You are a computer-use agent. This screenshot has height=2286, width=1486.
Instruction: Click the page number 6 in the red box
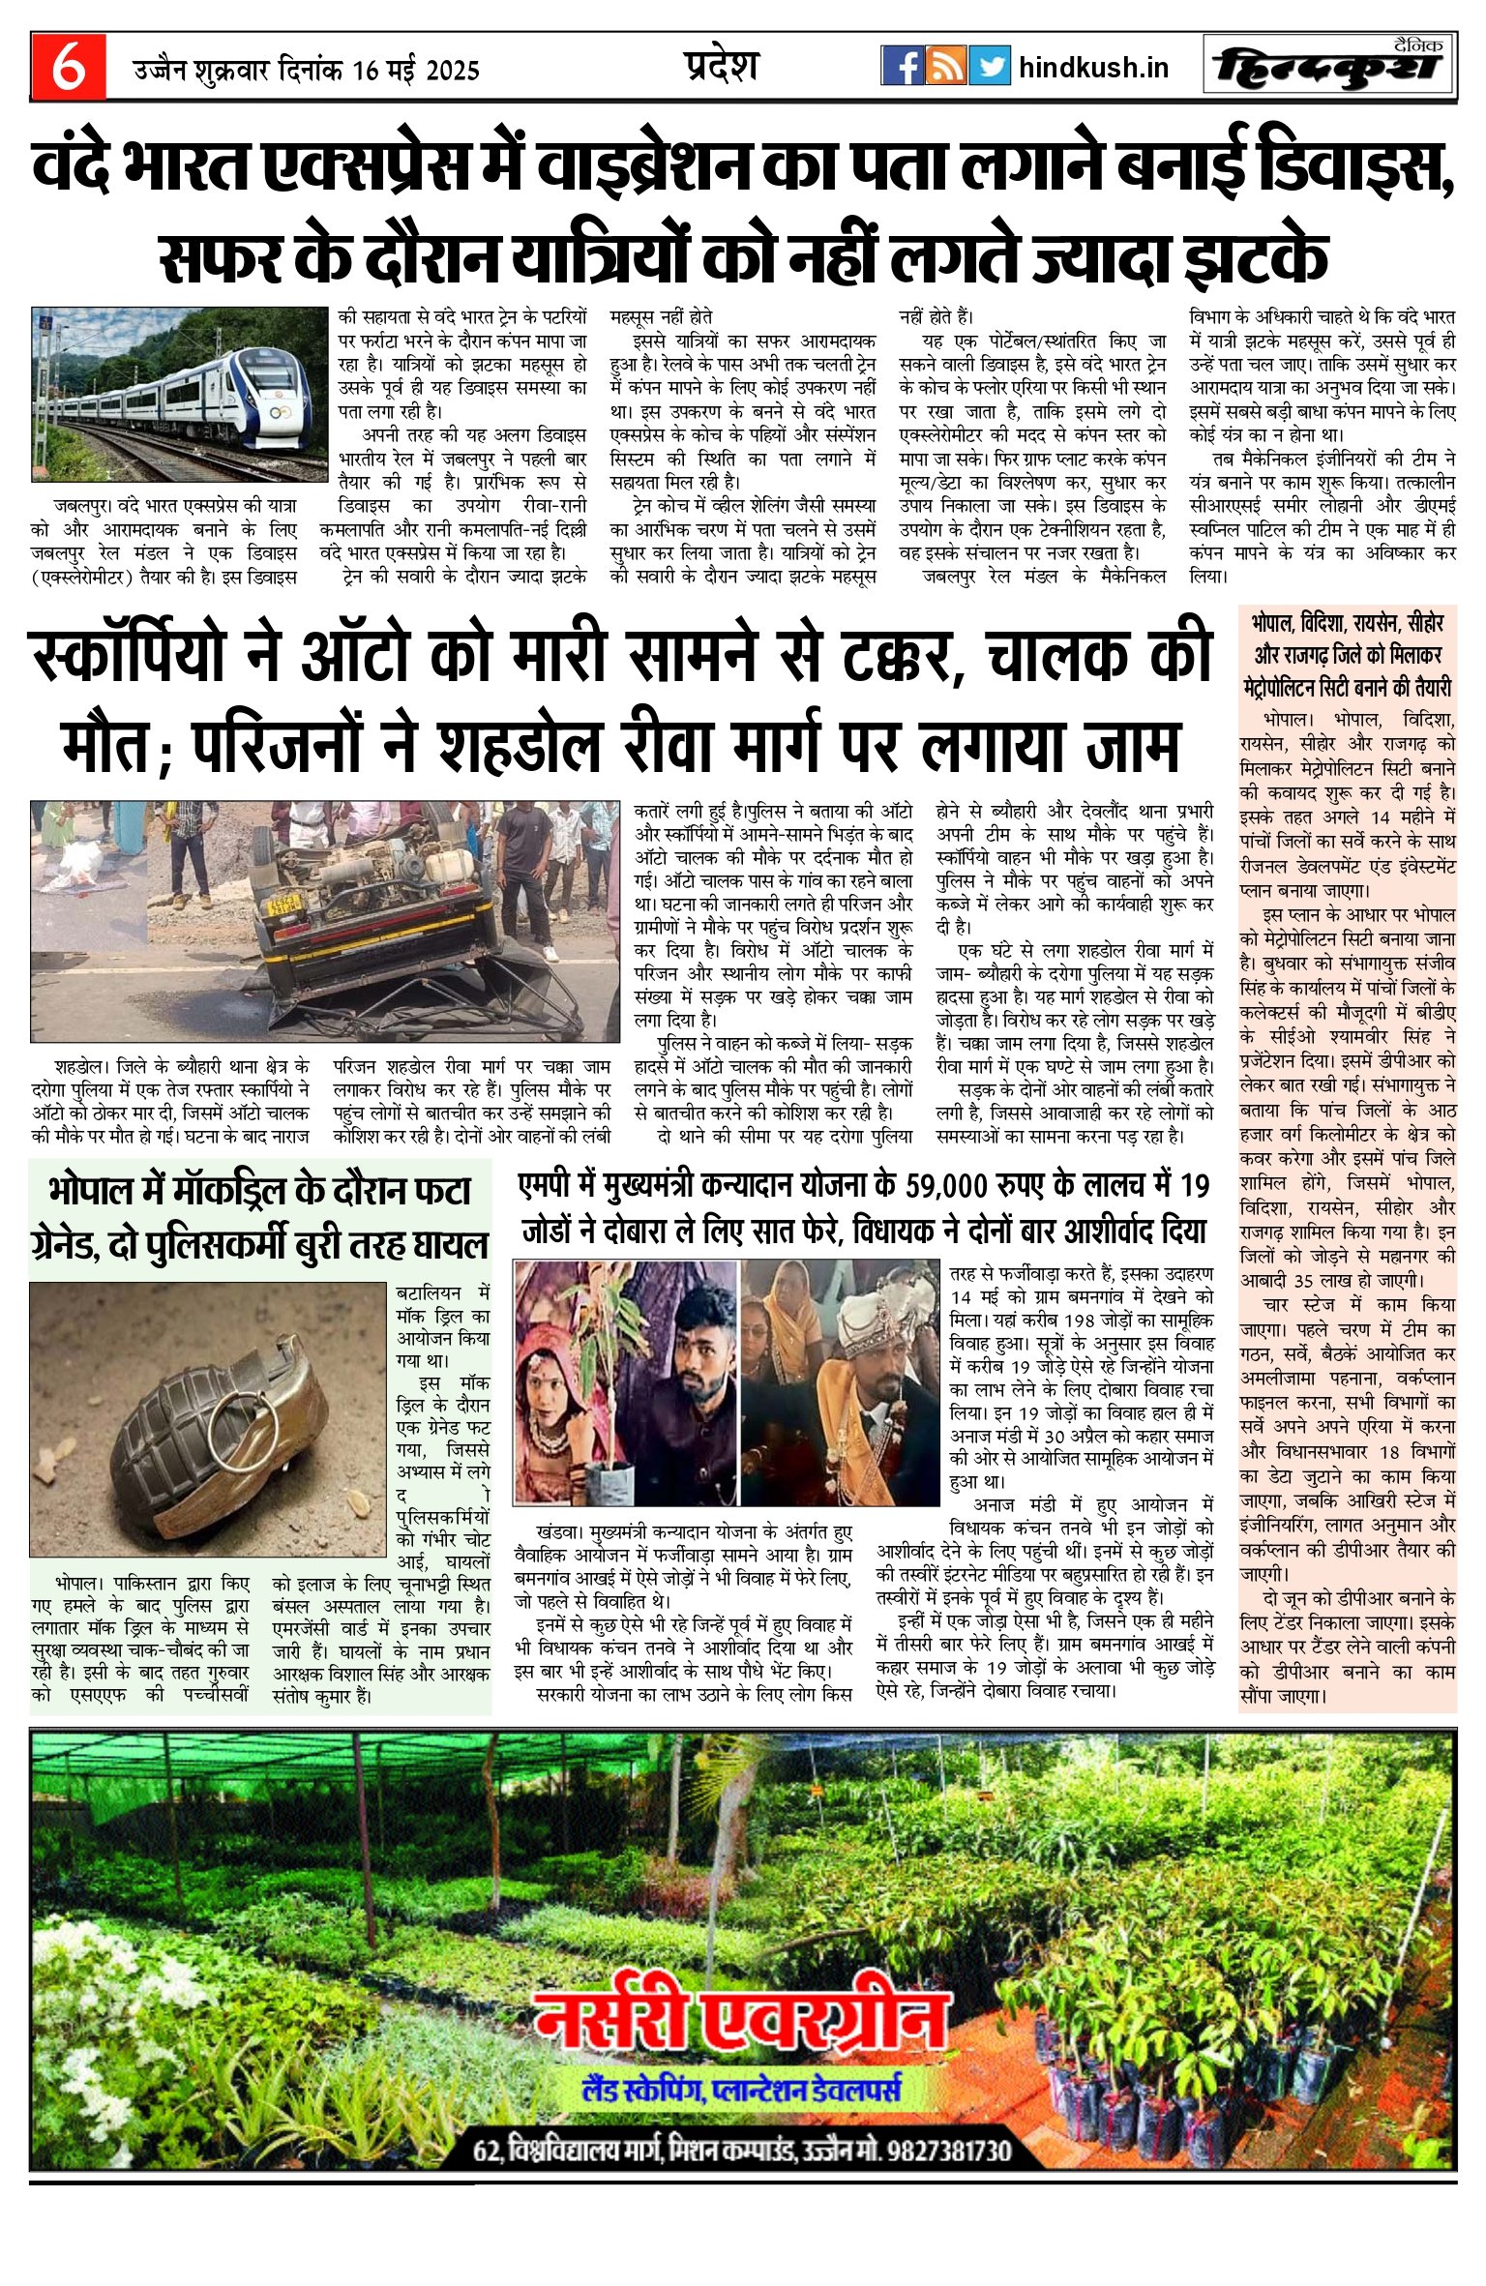click(x=68, y=68)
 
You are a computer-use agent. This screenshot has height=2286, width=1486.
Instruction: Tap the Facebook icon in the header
click(x=902, y=66)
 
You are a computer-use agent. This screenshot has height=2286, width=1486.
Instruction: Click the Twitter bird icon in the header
click(x=989, y=66)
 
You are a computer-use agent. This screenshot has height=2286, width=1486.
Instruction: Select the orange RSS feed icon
click(x=945, y=66)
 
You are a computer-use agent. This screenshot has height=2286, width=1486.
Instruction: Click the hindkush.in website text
click(x=1093, y=68)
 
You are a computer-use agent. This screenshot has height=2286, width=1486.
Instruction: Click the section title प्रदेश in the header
click(x=721, y=66)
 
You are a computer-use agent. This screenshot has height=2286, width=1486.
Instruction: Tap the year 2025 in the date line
click(x=453, y=71)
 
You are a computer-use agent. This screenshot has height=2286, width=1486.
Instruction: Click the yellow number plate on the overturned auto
click(x=286, y=905)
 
